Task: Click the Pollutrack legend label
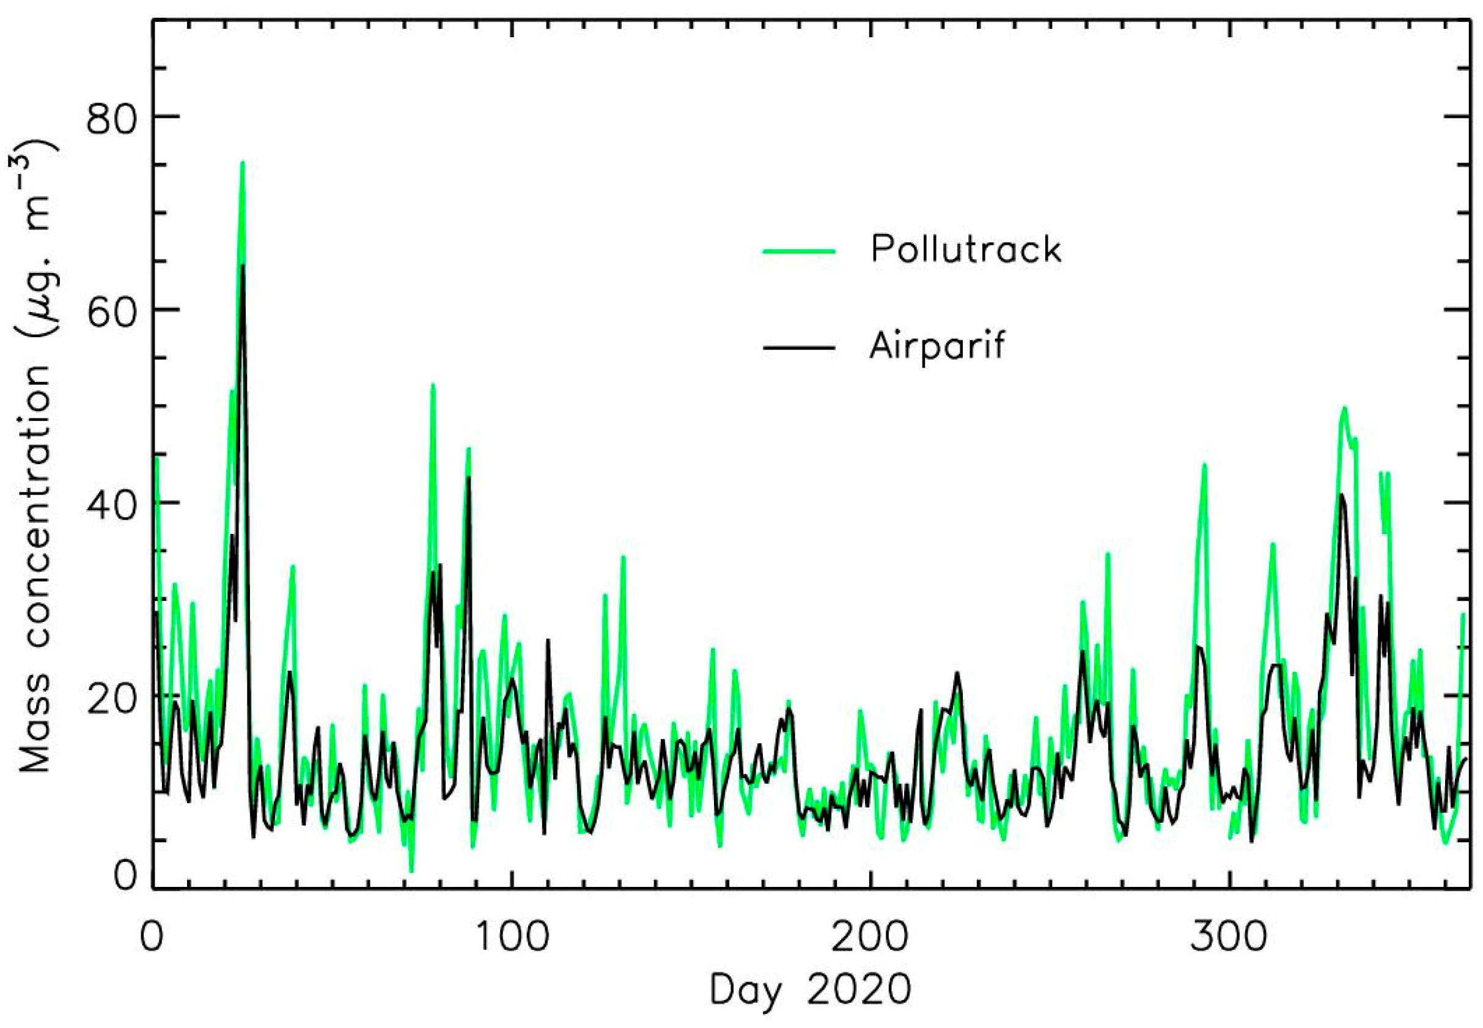[965, 250]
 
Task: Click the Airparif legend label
[937, 346]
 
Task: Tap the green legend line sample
[798, 251]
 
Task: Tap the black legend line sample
[798, 348]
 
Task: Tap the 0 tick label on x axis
[152, 938]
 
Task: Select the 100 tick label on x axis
[512, 938]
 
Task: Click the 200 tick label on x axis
[870, 938]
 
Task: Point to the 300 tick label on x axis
[1229, 938]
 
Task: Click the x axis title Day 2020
[810, 991]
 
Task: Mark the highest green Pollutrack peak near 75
[242, 163]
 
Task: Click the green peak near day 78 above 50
[433, 385]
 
